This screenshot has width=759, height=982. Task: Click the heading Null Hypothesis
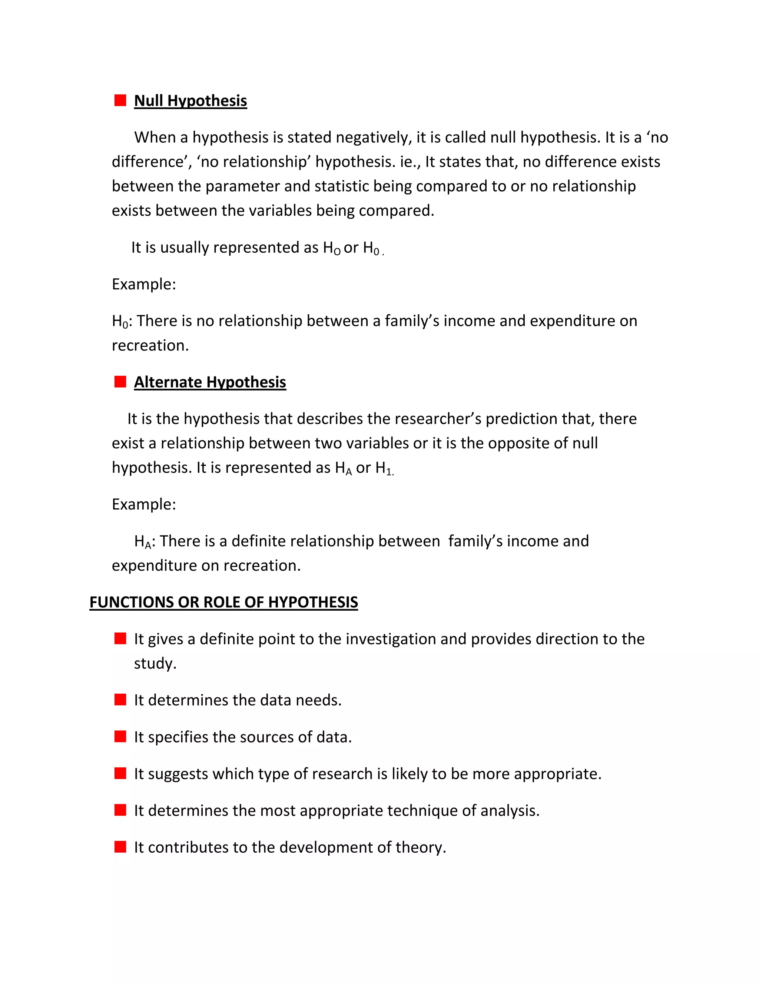pos(190,101)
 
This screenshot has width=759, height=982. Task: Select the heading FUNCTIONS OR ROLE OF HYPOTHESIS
pos(223,602)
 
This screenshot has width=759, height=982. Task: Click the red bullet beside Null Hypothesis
pos(120,100)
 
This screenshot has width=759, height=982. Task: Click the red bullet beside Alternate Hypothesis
pos(120,382)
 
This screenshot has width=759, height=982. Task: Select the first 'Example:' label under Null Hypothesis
pos(143,284)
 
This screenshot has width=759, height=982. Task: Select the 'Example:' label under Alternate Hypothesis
pos(143,504)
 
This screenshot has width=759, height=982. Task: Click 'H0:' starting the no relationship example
pos(122,322)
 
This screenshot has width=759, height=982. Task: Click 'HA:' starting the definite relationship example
pos(144,541)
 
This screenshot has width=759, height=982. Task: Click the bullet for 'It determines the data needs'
pos(120,700)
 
